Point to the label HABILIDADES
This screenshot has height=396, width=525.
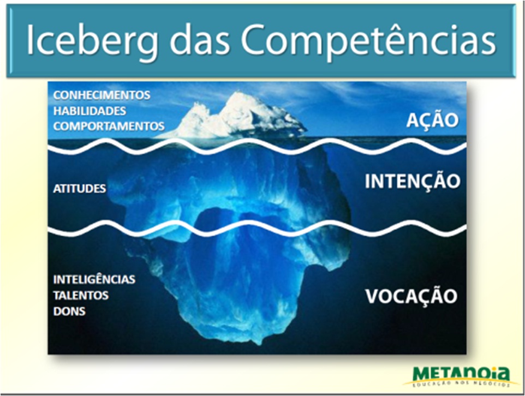click(x=90, y=111)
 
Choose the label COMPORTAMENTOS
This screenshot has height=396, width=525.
click(x=109, y=126)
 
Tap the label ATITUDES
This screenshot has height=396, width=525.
click(x=79, y=188)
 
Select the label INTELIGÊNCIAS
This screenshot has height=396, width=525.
click(x=94, y=279)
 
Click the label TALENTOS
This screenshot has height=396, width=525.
click(x=81, y=295)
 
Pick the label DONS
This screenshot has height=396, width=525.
click(x=69, y=311)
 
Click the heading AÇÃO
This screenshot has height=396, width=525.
click(x=432, y=121)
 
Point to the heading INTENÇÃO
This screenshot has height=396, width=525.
click(x=412, y=182)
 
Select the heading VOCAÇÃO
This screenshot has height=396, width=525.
click(x=410, y=296)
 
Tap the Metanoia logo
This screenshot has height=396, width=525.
click(x=461, y=375)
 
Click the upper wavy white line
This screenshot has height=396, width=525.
click(x=256, y=147)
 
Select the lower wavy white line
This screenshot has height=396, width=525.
click(x=256, y=229)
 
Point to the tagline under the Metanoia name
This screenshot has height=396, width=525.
click(x=462, y=385)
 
